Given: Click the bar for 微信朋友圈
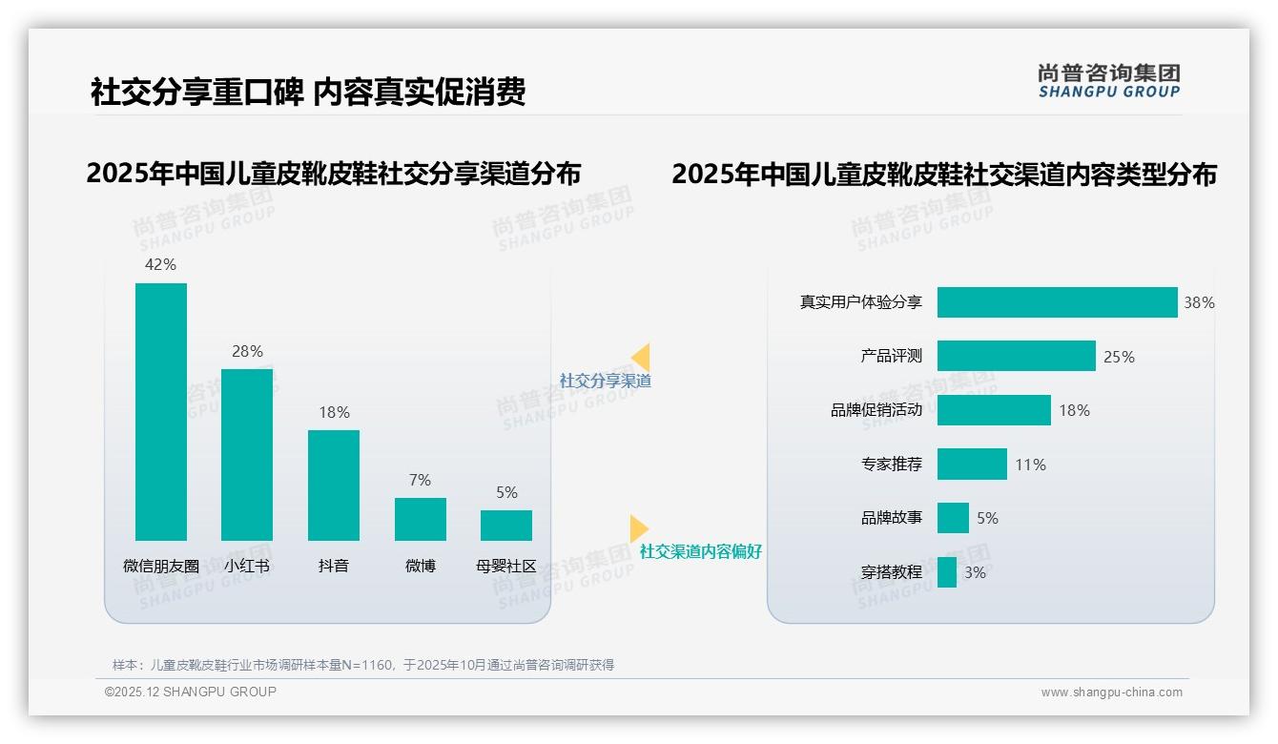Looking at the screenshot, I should (x=161, y=411).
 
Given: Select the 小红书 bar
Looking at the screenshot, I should (x=247, y=454).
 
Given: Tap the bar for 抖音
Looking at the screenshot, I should (x=334, y=485).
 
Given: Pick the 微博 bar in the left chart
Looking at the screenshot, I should (x=421, y=519).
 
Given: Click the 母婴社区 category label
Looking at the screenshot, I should (x=506, y=566).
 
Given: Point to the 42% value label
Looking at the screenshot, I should (x=160, y=264).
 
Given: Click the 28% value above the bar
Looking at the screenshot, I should (x=247, y=351).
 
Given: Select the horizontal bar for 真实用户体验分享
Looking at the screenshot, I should (x=1057, y=302).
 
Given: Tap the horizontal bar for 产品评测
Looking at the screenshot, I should (x=1016, y=356).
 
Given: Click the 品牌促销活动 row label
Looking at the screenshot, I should (x=876, y=410).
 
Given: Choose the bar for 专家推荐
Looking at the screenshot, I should (x=972, y=465).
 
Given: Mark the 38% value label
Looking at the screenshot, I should (x=1199, y=302).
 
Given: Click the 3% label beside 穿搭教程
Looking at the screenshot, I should (x=975, y=572).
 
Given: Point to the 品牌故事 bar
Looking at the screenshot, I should (x=953, y=518).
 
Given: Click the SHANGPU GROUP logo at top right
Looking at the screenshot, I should (x=1108, y=81).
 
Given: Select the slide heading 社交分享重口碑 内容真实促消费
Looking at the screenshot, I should (x=308, y=92).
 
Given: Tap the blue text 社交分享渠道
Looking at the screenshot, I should (x=605, y=381).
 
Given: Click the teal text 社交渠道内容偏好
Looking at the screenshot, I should (x=700, y=551).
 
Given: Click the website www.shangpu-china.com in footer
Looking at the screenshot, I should (x=1111, y=692).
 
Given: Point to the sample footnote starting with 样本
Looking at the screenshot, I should (x=362, y=665).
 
